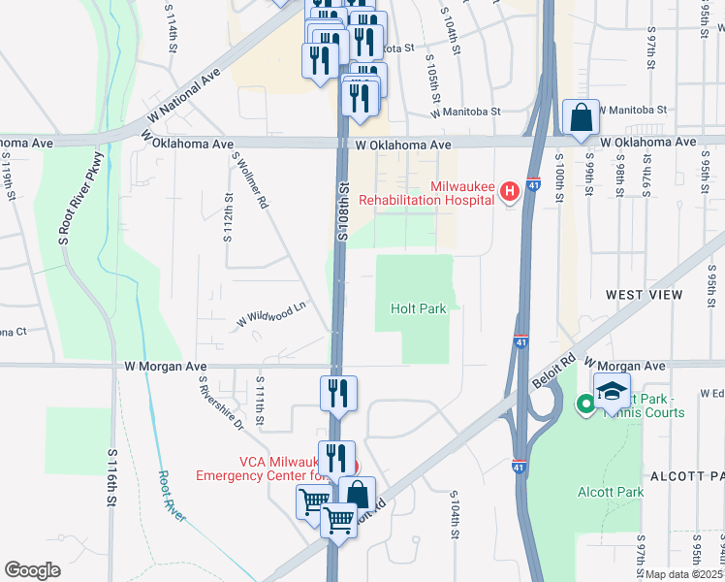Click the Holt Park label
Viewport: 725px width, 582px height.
click(418, 308)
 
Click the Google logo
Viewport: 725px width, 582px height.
click(32, 569)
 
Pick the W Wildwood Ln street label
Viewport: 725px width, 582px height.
click(272, 313)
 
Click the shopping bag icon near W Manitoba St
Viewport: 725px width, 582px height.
click(581, 119)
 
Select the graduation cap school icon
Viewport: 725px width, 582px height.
click(612, 392)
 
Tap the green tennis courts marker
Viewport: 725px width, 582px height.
click(585, 404)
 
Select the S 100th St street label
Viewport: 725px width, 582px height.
click(560, 178)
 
